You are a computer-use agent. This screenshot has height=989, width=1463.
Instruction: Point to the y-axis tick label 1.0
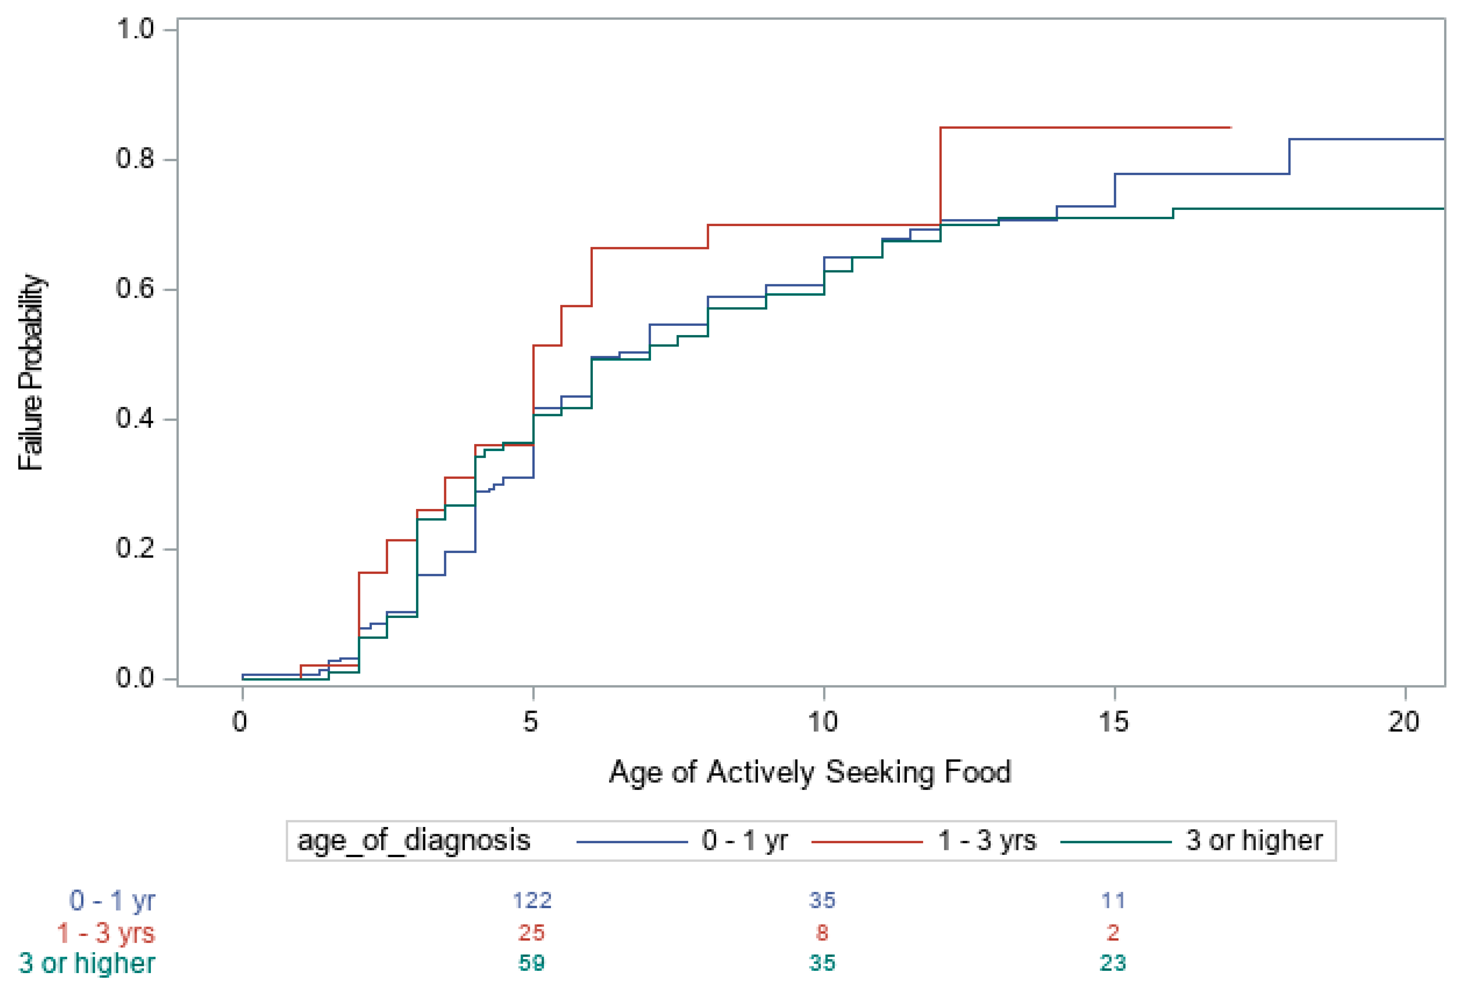click(135, 29)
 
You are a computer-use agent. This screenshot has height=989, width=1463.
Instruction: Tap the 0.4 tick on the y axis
click(135, 418)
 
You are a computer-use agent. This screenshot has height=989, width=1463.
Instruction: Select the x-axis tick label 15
click(1114, 721)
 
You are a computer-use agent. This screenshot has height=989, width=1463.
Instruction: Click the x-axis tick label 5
click(531, 721)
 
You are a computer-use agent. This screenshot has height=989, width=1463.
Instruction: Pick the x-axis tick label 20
click(1403, 721)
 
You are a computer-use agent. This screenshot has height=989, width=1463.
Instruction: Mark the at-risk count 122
click(532, 901)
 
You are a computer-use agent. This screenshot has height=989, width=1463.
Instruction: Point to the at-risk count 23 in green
click(1112, 963)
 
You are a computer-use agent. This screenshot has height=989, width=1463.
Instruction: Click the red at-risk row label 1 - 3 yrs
click(106, 932)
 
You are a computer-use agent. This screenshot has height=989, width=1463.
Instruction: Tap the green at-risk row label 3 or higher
click(87, 963)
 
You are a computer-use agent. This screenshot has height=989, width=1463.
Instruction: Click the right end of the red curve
click(1230, 128)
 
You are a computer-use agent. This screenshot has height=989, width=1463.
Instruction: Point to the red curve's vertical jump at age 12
click(940, 176)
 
